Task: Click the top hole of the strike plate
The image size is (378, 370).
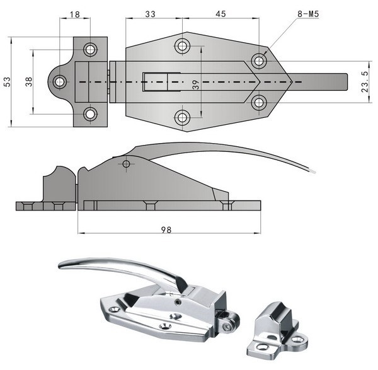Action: point(91,49)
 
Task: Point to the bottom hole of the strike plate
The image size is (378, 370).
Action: point(91,114)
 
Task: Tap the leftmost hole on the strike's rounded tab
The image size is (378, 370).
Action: point(60,81)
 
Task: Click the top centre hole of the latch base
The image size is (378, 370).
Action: point(183,45)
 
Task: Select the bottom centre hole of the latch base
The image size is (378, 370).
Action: point(183,117)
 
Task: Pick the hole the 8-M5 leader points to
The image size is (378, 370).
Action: point(258,61)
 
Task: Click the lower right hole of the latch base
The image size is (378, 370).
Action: point(258,102)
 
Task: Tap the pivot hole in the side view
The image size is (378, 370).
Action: point(127,165)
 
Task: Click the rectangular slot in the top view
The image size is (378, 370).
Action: point(156,82)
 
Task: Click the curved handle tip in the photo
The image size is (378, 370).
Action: point(62,265)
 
